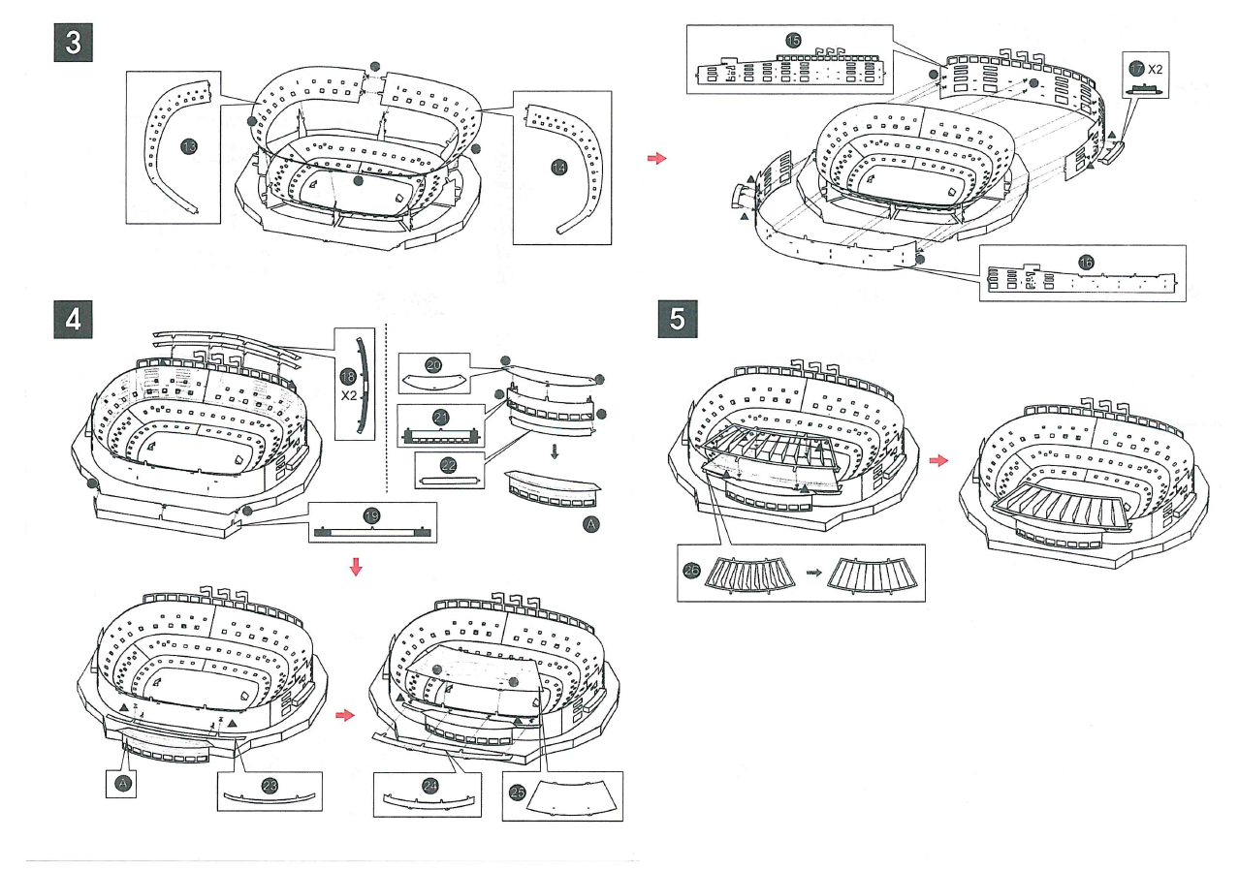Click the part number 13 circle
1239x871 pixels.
[189, 146]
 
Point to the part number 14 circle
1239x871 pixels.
[558, 168]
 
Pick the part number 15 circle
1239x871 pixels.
[794, 41]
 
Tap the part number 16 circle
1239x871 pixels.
[1085, 262]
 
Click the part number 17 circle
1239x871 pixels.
[1136, 69]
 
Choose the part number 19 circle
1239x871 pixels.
[371, 515]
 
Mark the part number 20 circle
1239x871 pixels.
[433, 365]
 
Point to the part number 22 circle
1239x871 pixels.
[449, 466]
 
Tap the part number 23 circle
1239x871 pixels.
[270, 785]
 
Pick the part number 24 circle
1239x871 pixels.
[430, 785]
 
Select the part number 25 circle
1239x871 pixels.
[518, 792]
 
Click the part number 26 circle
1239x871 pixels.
[691, 571]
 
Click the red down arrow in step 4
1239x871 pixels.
[357, 566]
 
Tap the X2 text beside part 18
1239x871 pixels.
[349, 395]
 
